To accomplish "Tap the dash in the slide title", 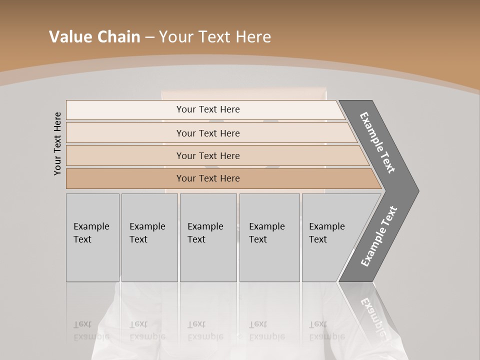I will (x=149, y=37).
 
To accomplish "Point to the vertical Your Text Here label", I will (x=57, y=143).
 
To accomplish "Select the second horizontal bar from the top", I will (x=208, y=133).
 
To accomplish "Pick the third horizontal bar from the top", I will (x=208, y=155).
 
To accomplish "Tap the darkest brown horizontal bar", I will (x=208, y=178).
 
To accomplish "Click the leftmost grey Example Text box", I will (x=92, y=237).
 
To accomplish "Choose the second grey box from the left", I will (x=149, y=237).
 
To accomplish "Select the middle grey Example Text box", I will (x=208, y=237).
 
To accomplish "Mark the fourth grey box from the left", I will (x=269, y=237).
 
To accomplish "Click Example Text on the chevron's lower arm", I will (x=378, y=236).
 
